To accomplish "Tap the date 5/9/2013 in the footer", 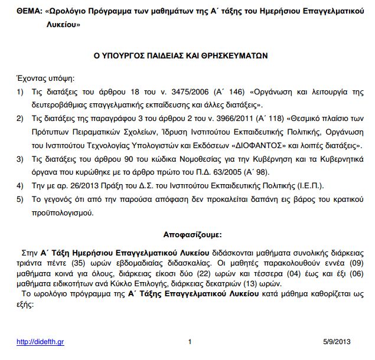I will pyautogui.click(x=338, y=341).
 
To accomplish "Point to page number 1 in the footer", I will pyautogui.click(x=190, y=341).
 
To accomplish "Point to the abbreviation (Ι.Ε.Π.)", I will pyautogui.click(x=304, y=185).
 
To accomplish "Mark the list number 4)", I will pyautogui.click(x=19, y=185).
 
